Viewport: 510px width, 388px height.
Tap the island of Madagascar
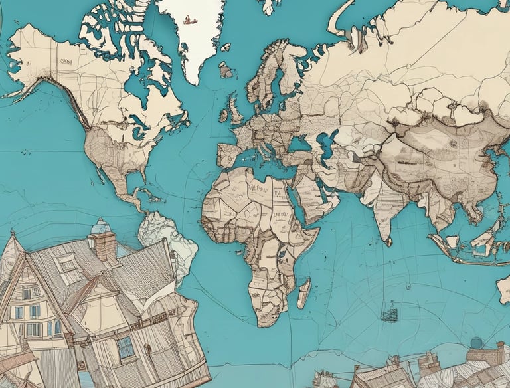[x=303, y=292]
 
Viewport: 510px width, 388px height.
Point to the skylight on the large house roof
[x=68, y=265]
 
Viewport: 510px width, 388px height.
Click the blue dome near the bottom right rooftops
[x=477, y=343]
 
